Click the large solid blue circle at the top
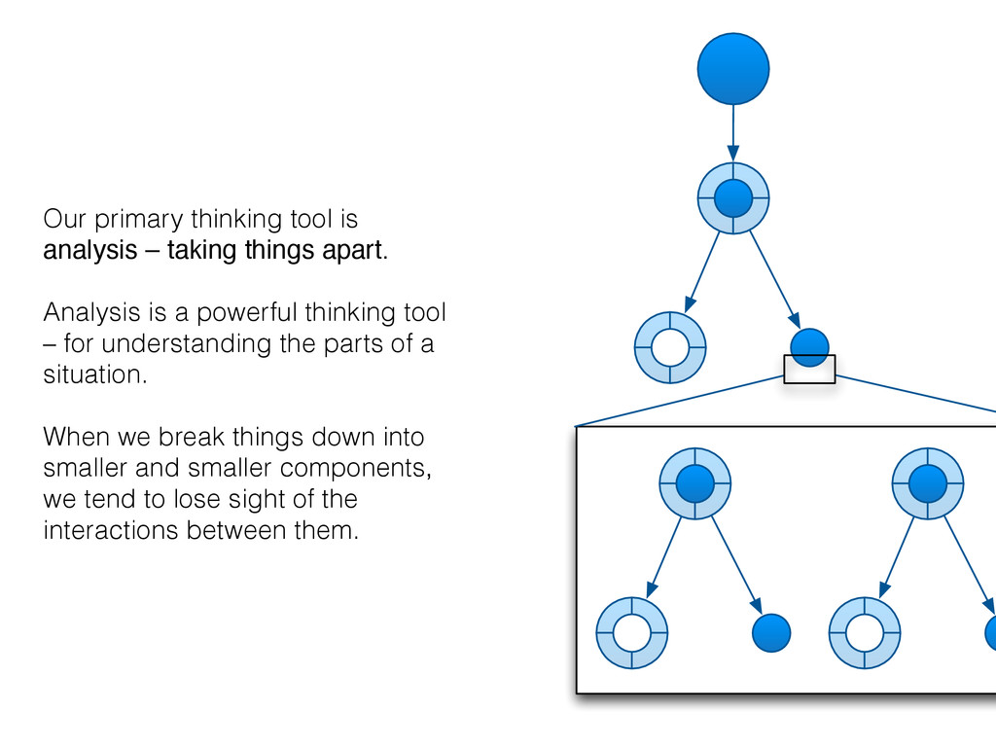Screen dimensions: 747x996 click(733, 68)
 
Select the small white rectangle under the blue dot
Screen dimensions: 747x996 click(809, 370)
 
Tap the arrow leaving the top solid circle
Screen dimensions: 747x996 click(733, 132)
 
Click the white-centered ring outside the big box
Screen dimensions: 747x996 click(669, 347)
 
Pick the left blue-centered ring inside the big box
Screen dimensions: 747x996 click(694, 482)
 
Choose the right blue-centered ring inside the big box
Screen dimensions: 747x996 click(928, 482)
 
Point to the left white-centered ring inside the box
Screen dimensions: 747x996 click(631, 632)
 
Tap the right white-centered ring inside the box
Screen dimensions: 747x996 click(865, 632)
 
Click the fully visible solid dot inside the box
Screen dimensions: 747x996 click(771, 633)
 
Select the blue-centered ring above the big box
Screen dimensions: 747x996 click(733, 198)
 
